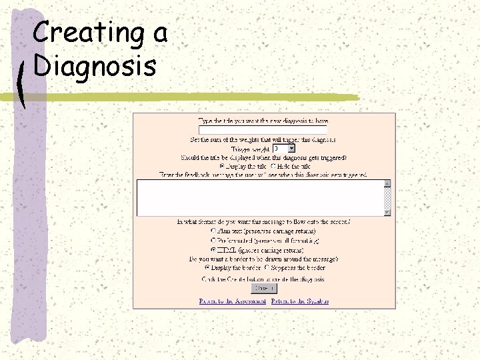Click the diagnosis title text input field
point(263,131)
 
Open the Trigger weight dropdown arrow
point(291,149)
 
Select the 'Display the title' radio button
point(223,166)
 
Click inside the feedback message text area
point(260,197)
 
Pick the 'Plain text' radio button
point(213,231)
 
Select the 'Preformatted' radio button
point(213,239)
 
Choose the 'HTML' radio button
point(213,249)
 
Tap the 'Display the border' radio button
point(208,267)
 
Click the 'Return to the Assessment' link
point(232,301)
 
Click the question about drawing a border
point(264,258)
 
